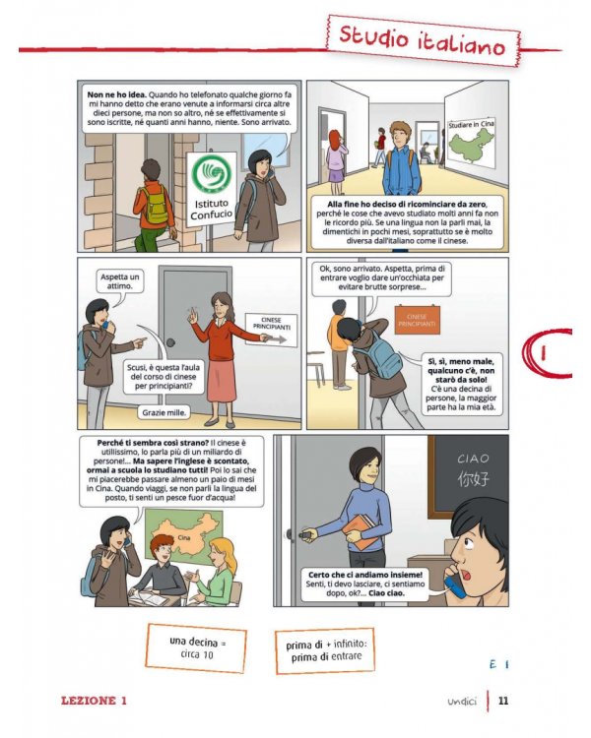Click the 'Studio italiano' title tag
pos(424,40)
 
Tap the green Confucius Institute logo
pos(212,173)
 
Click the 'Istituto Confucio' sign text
pos(212,210)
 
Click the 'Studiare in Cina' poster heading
pos(471,125)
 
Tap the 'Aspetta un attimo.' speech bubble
pos(120,281)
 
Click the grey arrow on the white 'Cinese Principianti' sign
pos(278,338)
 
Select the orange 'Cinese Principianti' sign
pos(417,320)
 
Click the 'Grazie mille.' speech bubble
pos(164,412)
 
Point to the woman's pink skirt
pos(222,380)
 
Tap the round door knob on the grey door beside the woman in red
pos(171,342)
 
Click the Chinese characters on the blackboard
pos(474,479)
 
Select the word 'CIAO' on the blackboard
pos(473,459)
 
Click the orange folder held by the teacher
pos(361,531)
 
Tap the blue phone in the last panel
pos(455,583)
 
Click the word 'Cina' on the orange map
pos(184,537)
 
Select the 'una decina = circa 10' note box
pos(197,648)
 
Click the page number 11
pos(503,701)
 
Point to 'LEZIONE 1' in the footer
pos(94,701)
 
